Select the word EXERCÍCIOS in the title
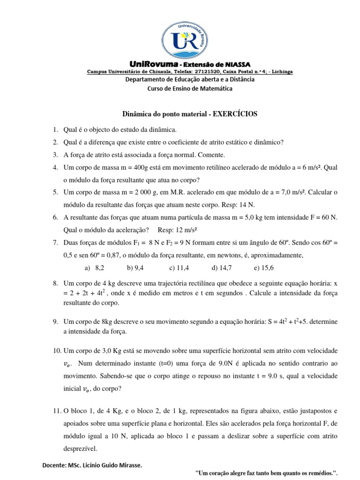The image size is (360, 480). (232, 114)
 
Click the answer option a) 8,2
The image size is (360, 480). (94, 268)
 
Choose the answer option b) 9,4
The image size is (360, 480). (135, 268)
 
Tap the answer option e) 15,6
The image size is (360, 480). (264, 268)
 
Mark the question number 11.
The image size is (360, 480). (56, 411)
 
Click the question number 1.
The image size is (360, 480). (55, 129)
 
